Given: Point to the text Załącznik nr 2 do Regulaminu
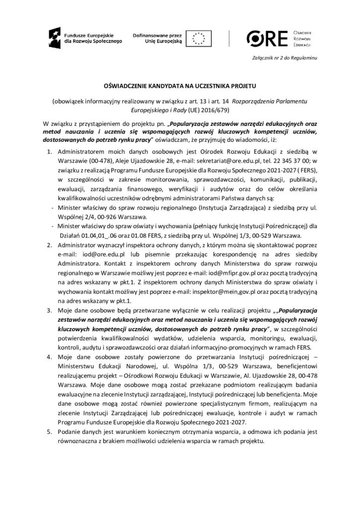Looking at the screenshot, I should pos(284,60).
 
